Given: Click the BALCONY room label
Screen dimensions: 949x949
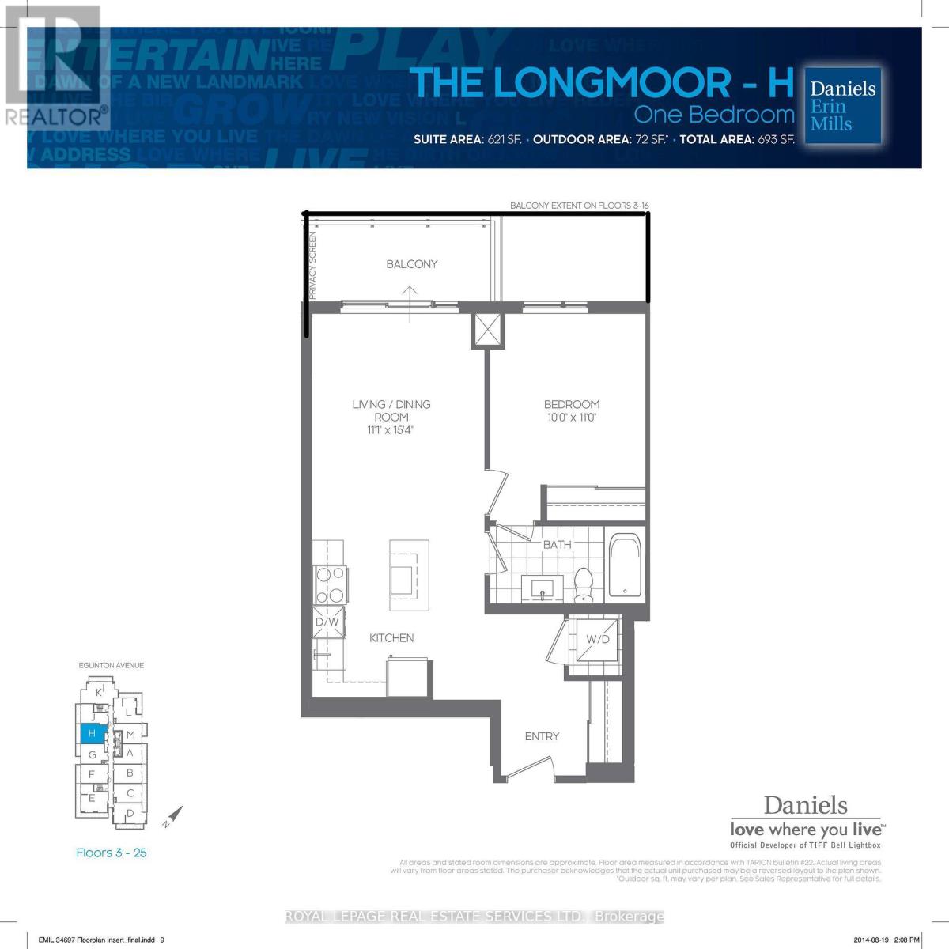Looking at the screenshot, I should tap(411, 264).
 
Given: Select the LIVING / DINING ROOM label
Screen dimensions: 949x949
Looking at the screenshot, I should tap(391, 410).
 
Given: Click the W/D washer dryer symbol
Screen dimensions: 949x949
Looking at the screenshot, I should tap(597, 639).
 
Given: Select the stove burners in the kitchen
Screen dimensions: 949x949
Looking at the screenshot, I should tap(329, 585).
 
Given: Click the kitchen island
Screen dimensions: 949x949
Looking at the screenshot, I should tap(409, 575).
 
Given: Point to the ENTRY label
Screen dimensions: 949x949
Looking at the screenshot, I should tap(542, 736).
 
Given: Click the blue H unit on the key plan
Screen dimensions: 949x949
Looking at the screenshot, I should tap(92, 734).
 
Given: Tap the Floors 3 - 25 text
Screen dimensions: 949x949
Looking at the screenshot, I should tap(112, 853).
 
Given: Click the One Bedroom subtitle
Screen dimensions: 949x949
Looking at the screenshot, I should tap(713, 115).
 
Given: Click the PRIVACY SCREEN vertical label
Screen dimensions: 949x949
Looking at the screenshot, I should tap(312, 266).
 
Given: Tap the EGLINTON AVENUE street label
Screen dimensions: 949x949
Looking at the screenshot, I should tap(112, 666).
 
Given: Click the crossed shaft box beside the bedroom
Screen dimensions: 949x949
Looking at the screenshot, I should tap(487, 330).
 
